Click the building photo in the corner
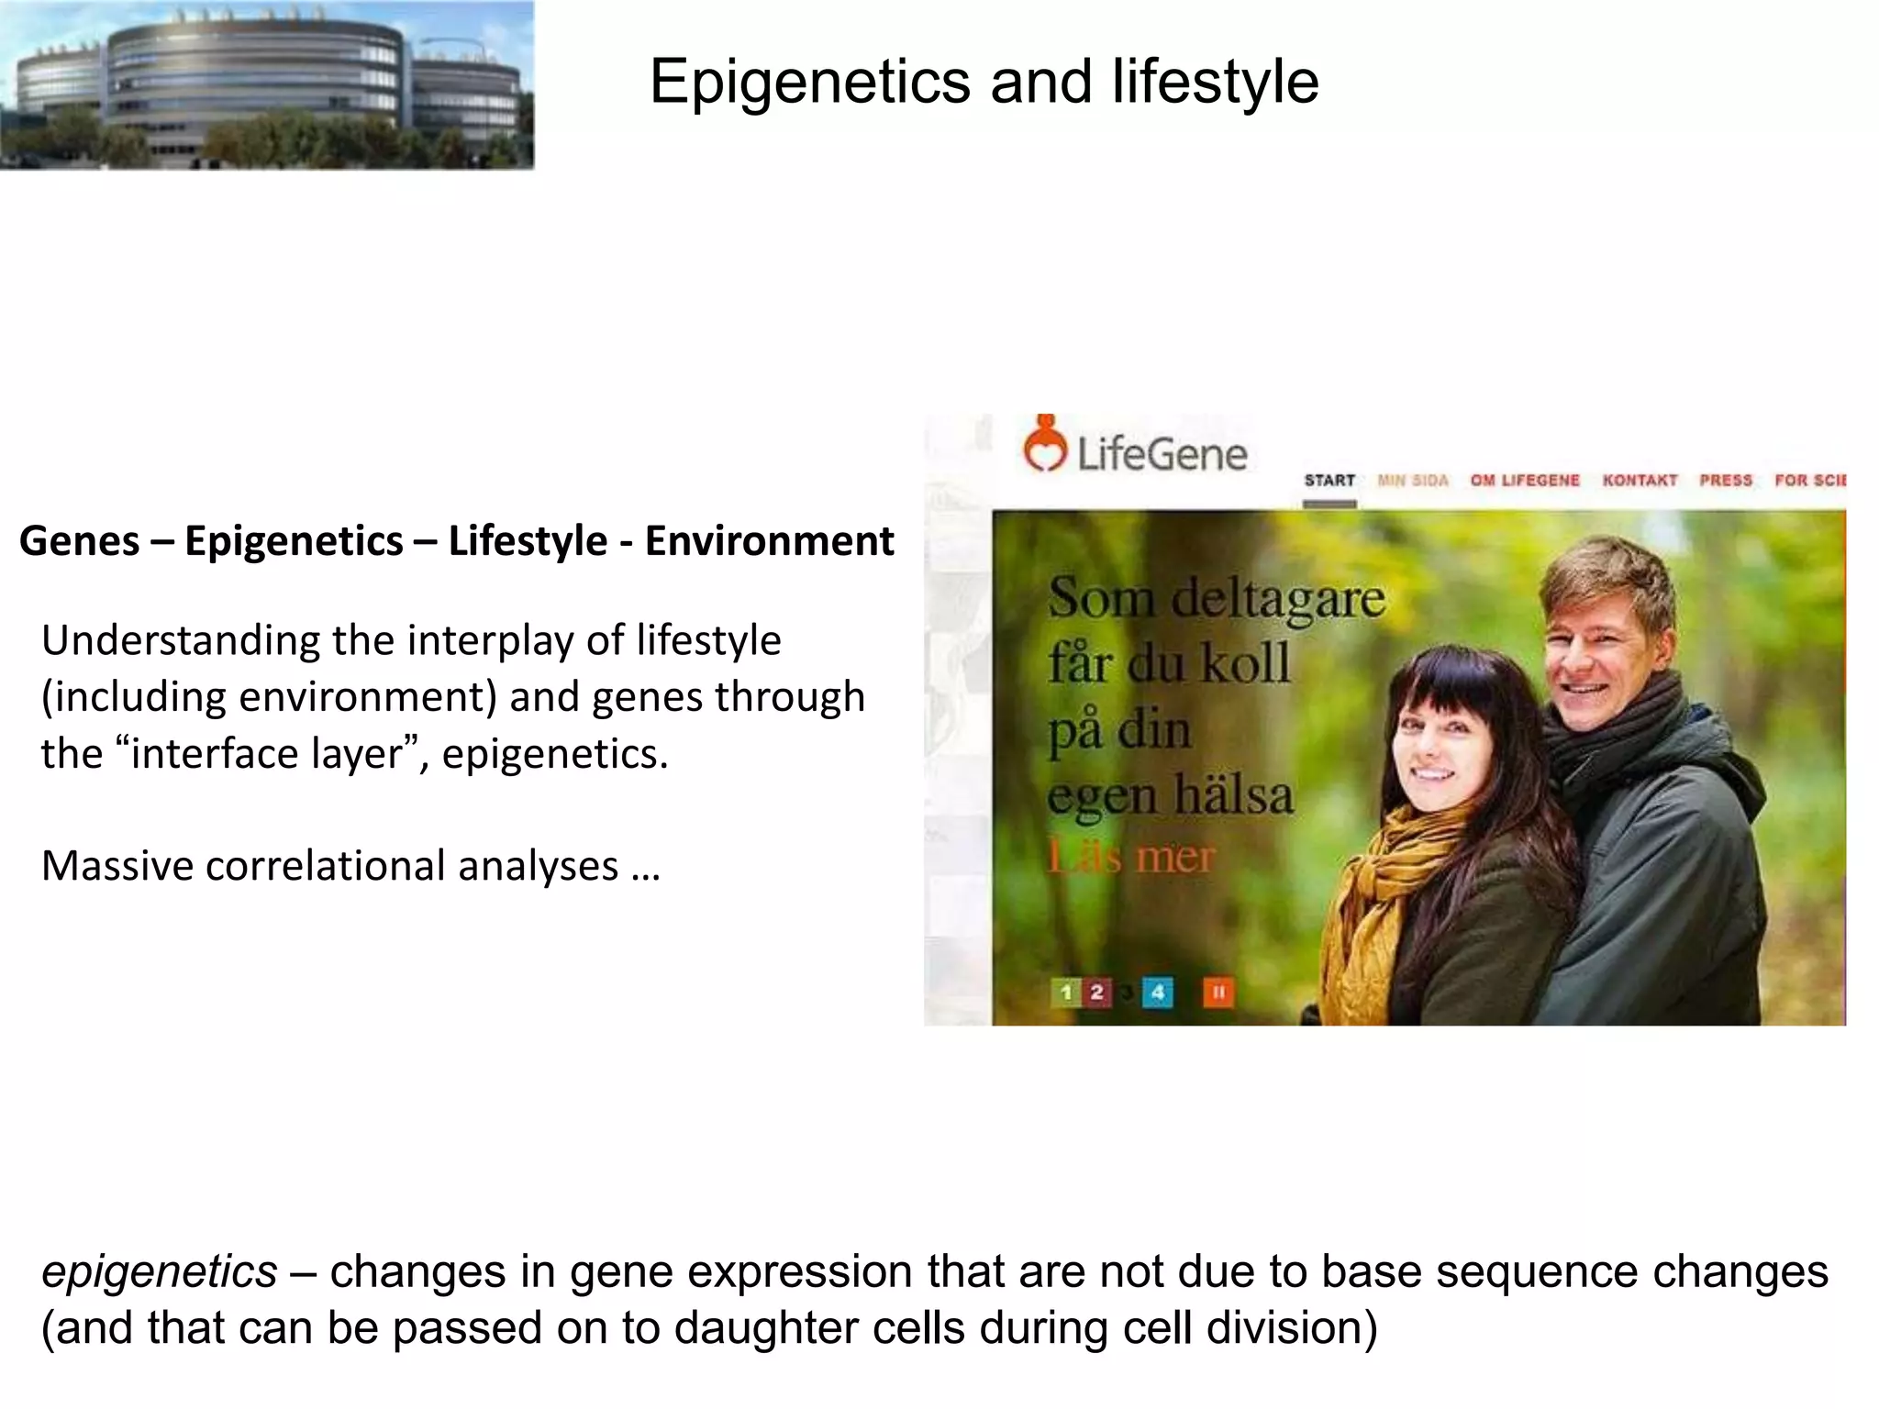pyautogui.click(x=266, y=84)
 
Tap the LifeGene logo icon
pyautogui.click(x=1045, y=445)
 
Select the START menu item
pyautogui.click(x=1329, y=481)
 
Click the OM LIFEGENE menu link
pyautogui.click(x=1525, y=481)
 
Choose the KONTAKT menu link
pyautogui.click(x=1640, y=481)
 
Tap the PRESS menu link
pyautogui.click(x=1725, y=481)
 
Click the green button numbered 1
pyautogui.click(x=1065, y=993)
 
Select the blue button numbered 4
pyautogui.click(x=1157, y=993)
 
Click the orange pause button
pyautogui.click(x=1218, y=993)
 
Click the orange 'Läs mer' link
pyautogui.click(x=1131, y=858)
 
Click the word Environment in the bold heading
pyautogui.click(x=769, y=541)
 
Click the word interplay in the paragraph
pyautogui.click(x=490, y=640)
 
